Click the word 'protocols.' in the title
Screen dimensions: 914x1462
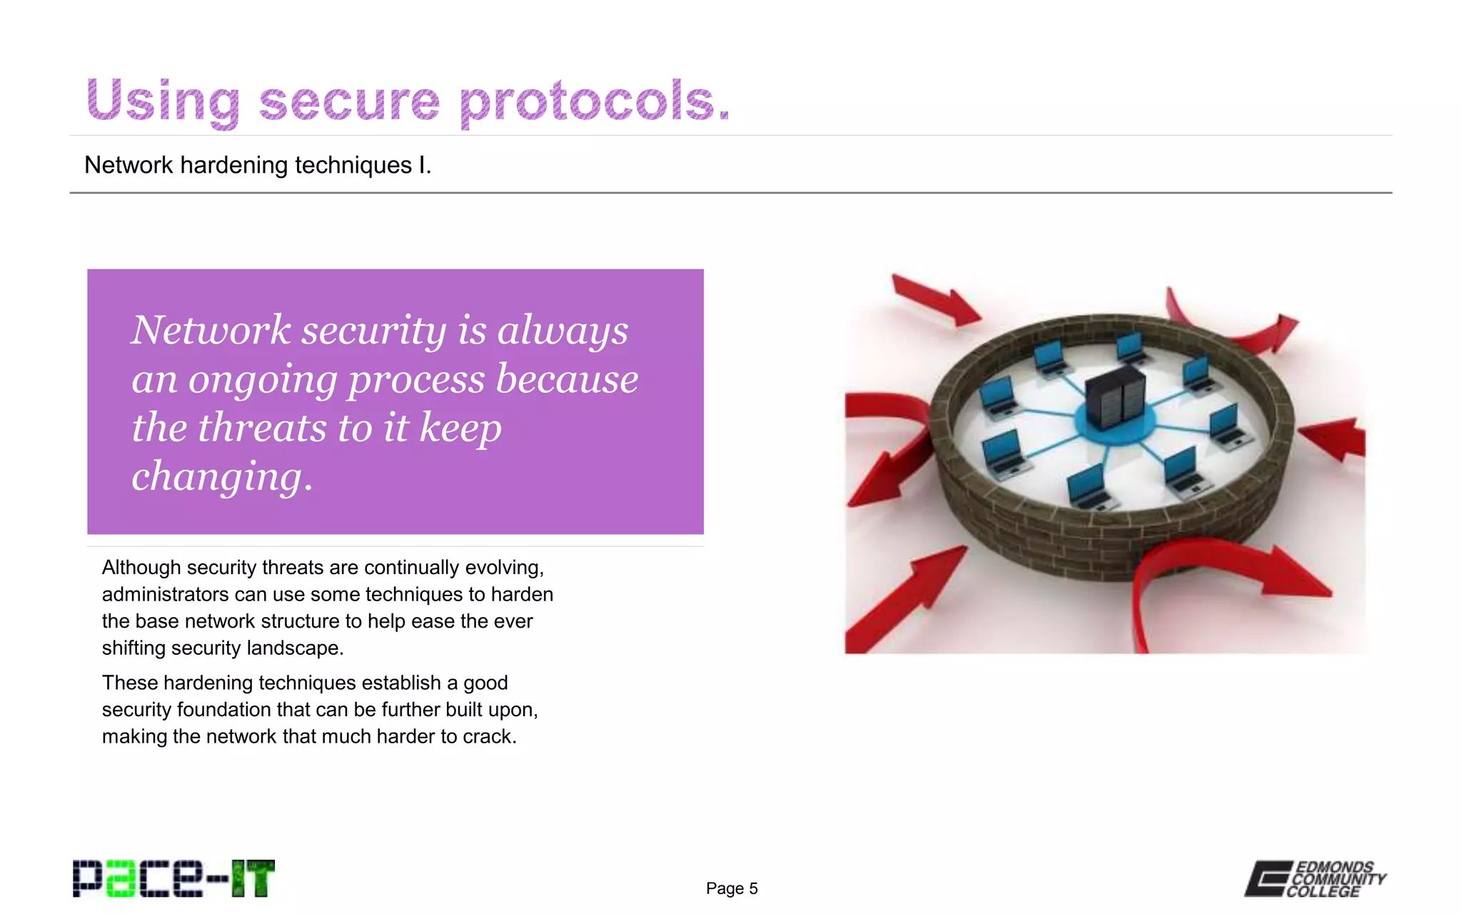coord(595,101)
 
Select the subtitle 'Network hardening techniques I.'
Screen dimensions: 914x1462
coord(258,165)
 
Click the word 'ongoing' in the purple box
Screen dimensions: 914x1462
coord(262,379)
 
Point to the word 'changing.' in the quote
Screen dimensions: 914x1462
coord(222,476)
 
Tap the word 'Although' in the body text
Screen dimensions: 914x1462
coord(141,568)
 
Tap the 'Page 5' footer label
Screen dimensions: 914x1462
coord(732,888)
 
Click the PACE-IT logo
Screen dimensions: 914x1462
coord(173,878)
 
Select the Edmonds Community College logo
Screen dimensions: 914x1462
coord(1315,878)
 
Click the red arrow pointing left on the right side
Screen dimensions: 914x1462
coord(1334,438)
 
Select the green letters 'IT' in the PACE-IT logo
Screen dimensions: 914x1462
coord(252,878)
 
